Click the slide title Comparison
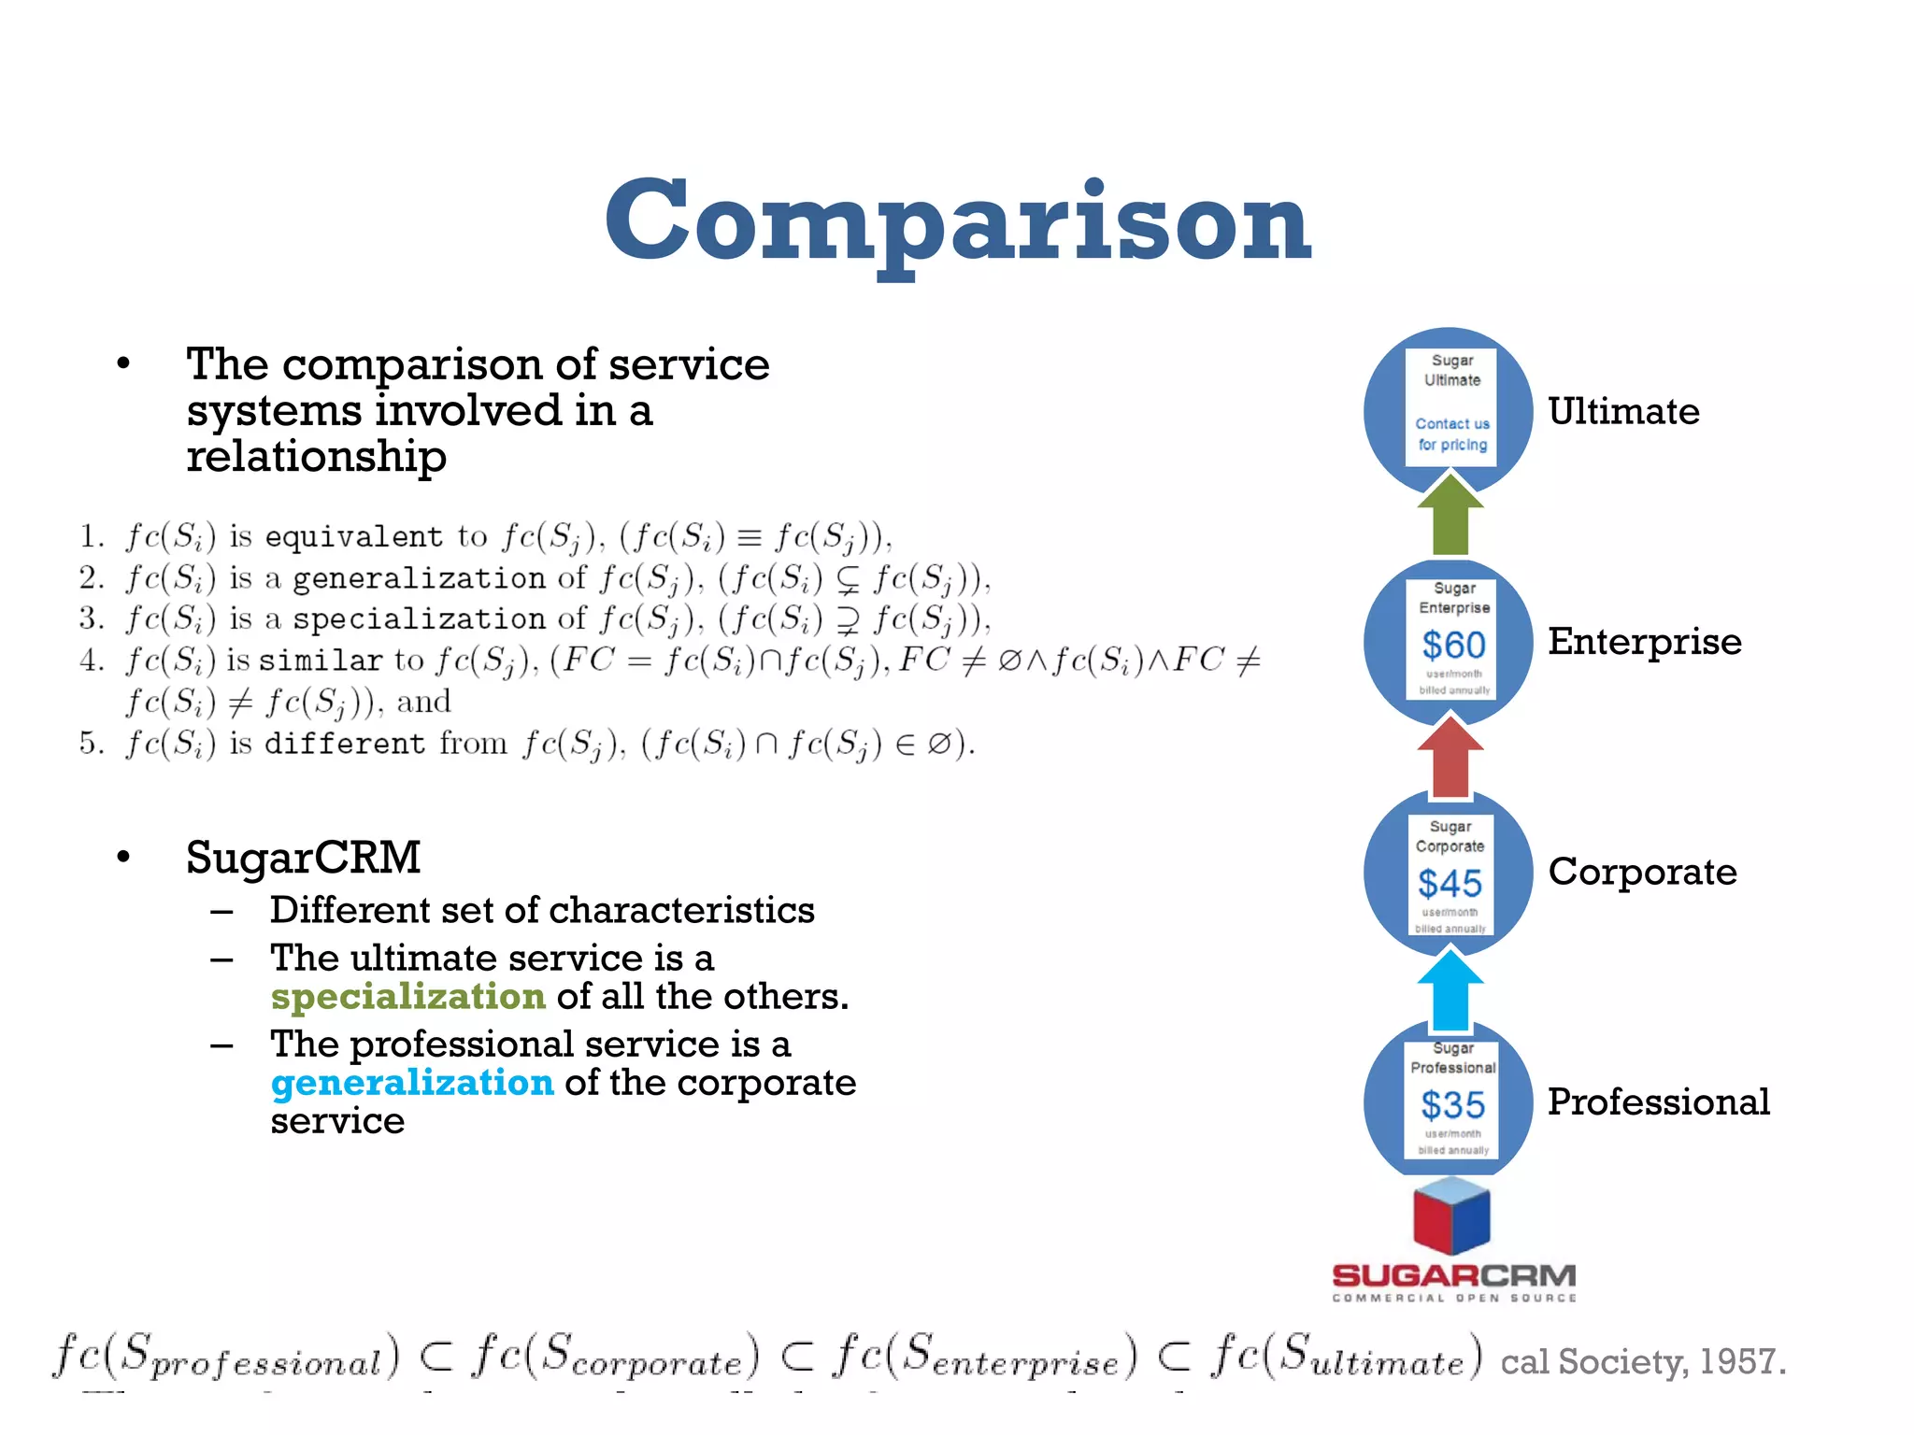coord(958,222)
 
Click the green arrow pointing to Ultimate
coord(1450,516)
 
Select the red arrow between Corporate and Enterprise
coord(1450,757)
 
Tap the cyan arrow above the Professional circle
coord(1450,990)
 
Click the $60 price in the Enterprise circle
coord(1453,645)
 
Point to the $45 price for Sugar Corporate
coord(1450,883)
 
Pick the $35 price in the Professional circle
coord(1452,1105)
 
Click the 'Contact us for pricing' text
coord(1452,434)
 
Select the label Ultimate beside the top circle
coord(1623,411)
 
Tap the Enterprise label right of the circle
coord(1645,642)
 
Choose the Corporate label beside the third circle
coord(1642,872)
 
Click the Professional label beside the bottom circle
coord(1659,1101)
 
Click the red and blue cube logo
coord(1451,1215)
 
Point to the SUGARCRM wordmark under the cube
coord(1454,1276)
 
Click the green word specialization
coord(407,997)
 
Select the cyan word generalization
coord(412,1083)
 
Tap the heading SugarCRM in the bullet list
coord(303,857)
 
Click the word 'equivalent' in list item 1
coord(354,537)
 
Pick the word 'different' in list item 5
coord(345,744)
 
